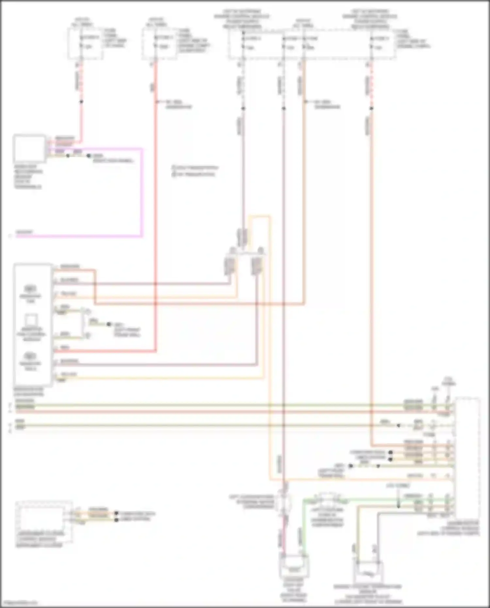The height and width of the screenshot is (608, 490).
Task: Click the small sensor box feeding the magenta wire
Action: point(29,149)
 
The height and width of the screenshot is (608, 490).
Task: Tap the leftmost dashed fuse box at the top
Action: point(85,43)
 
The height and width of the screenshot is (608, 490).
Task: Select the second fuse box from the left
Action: point(159,43)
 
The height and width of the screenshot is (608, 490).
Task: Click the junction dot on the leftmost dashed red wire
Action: point(81,102)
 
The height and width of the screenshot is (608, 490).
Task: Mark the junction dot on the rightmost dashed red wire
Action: point(371,108)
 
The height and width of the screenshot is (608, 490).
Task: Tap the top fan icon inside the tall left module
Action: point(30,289)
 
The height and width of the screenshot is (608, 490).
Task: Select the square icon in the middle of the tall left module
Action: point(31,320)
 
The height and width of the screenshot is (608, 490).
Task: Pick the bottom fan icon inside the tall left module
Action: point(30,356)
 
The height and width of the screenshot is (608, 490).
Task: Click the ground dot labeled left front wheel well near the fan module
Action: point(108,324)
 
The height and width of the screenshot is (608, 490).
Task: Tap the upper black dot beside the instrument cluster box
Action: point(117,514)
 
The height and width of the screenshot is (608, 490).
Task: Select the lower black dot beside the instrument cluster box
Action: point(117,519)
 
